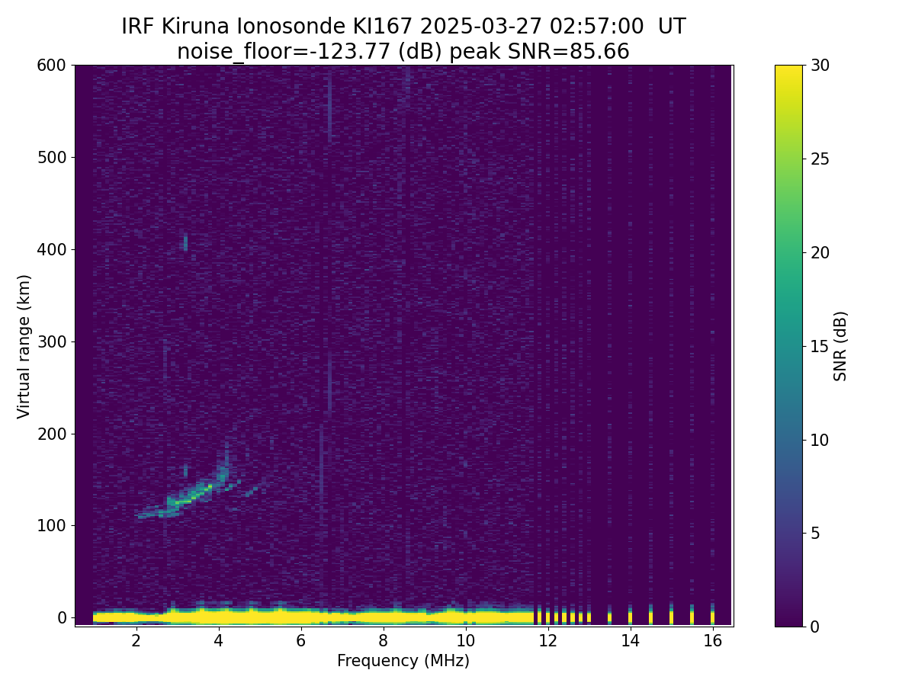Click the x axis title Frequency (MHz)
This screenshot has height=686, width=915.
403,661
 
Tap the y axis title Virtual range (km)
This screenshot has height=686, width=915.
24,346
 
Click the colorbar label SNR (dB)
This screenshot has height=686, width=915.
840,346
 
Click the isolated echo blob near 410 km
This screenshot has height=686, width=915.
185,242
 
